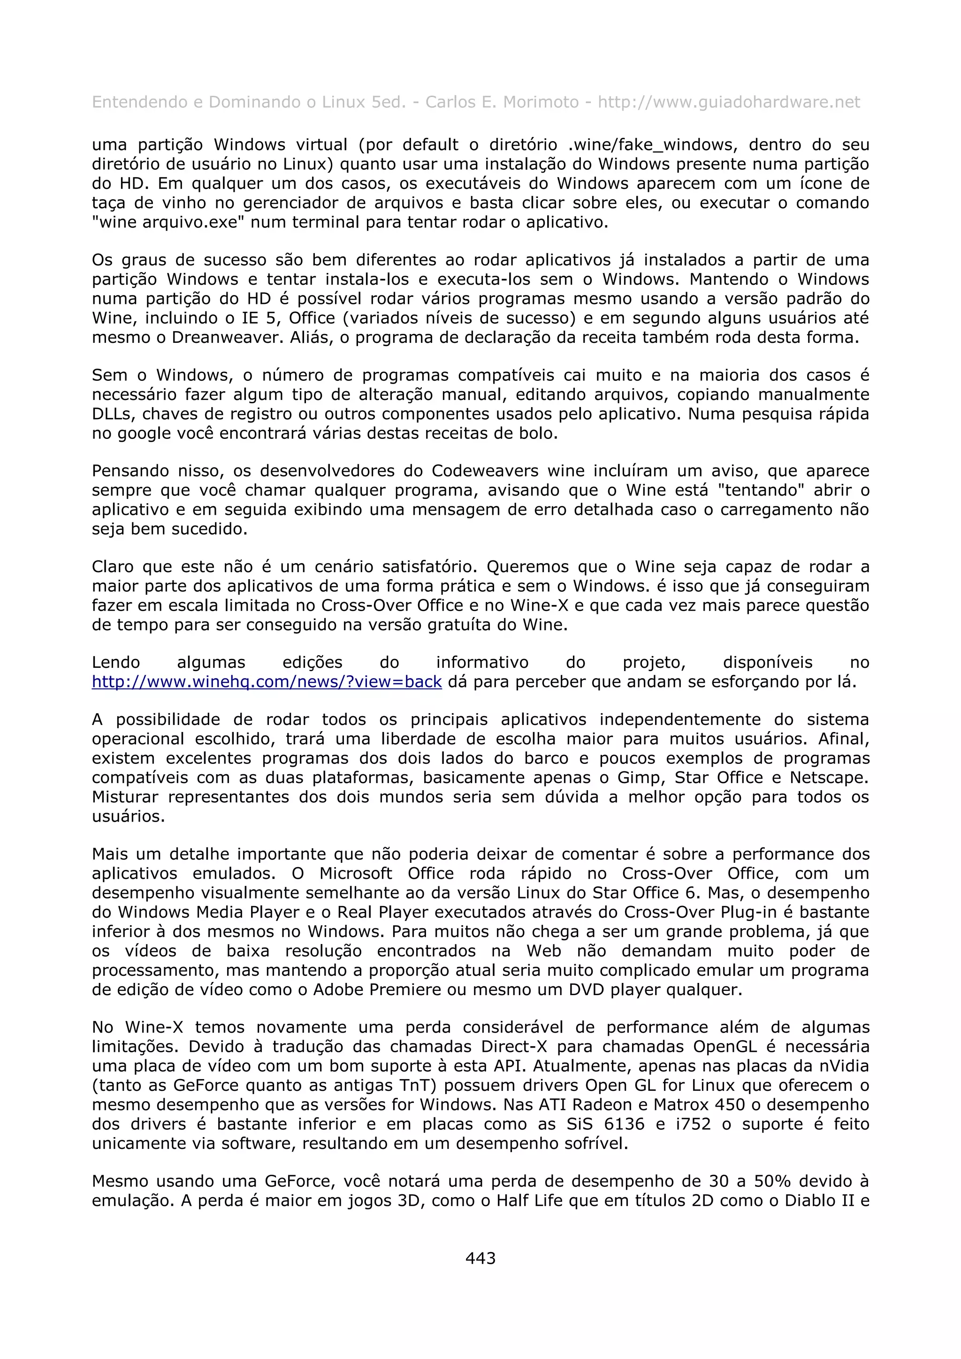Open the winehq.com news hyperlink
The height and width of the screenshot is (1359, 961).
tap(267, 682)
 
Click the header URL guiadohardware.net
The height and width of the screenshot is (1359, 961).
tap(728, 102)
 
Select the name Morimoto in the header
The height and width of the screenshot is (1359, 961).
tap(541, 102)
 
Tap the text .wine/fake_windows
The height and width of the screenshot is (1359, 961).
tap(647, 145)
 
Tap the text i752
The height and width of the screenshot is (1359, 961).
tap(693, 1124)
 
